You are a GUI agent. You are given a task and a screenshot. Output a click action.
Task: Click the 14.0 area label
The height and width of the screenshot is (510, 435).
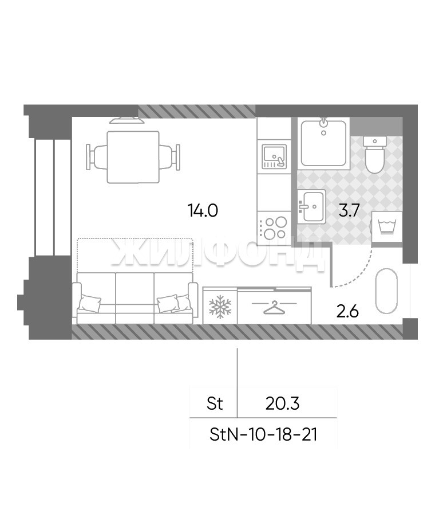point(203,210)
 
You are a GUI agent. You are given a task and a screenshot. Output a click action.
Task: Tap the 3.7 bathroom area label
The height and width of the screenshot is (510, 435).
point(349,210)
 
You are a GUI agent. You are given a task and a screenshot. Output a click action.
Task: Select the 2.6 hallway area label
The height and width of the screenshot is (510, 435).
point(347,311)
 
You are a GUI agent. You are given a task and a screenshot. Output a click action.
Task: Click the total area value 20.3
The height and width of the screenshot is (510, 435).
point(282,403)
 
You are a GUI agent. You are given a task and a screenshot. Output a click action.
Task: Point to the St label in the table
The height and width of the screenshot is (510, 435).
point(215,403)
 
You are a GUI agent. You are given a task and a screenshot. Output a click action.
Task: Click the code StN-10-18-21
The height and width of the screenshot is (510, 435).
point(263,434)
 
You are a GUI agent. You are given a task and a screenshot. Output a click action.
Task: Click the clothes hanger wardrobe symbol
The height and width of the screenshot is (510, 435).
point(274,307)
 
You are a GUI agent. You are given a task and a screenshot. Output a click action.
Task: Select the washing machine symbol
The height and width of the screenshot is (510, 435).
point(386,227)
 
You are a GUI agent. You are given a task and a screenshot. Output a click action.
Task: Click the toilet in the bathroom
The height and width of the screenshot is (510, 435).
point(374,154)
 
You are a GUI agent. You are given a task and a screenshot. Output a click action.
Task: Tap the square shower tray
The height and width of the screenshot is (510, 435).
point(323,143)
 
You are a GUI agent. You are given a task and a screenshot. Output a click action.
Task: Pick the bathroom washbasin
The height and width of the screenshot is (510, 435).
point(311,206)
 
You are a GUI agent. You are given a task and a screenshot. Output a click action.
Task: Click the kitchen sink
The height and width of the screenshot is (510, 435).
point(275,157)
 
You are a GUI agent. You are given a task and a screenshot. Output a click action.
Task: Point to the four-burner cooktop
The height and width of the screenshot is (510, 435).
point(274,228)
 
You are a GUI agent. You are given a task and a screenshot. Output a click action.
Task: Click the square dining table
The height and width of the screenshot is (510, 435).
point(133,157)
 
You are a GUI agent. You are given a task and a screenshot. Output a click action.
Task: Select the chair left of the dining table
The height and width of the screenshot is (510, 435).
point(97,157)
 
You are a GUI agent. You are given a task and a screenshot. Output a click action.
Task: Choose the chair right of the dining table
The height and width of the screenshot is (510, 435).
point(169,157)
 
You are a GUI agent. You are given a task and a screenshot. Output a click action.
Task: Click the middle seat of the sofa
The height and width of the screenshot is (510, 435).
point(135,297)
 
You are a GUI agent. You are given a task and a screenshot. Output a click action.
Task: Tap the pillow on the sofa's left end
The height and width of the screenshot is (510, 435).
point(89,304)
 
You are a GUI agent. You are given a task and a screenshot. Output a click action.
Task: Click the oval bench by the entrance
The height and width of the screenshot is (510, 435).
point(386,291)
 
